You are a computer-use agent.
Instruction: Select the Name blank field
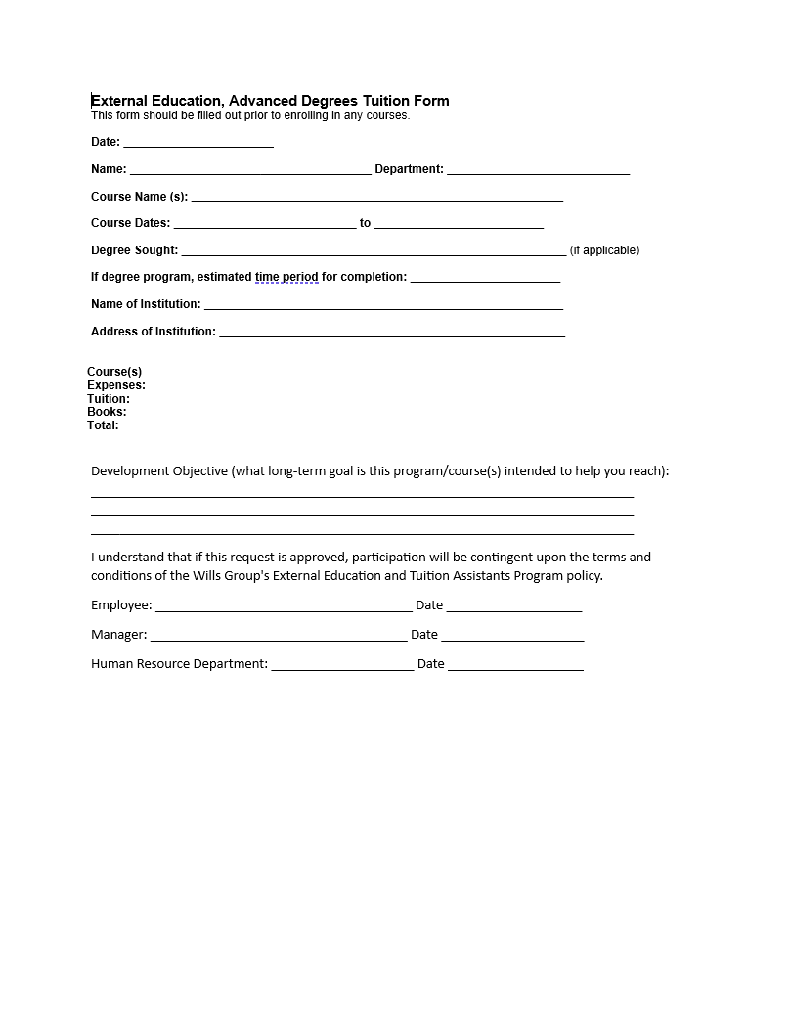click(250, 170)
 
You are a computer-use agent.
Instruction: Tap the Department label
click(409, 169)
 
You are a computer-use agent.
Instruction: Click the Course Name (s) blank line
click(376, 198)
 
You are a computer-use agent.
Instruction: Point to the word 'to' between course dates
click(365, 223)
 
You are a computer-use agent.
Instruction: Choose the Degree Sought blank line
click(374, 251)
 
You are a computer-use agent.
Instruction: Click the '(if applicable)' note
click(604, 250)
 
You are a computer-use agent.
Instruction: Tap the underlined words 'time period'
click(286, 277)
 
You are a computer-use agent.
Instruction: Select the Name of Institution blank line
click(383, 305)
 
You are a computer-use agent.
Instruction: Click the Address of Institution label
click(153, 332)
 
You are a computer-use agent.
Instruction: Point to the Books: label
click(107, 412)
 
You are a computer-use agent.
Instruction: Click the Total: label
click(103, 425)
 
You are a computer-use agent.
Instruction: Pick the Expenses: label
click(116, 385)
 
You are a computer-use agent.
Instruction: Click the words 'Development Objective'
click(159, 470)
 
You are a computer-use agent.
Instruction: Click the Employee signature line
click(284, 606)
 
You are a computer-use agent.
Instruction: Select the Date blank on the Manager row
click(512, 636)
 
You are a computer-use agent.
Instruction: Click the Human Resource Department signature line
click(342, 665)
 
